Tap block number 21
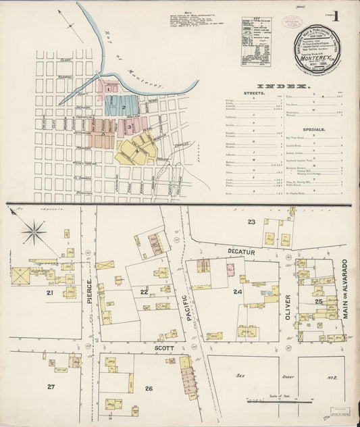(x=49, y=293)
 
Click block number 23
(x=251, y=221)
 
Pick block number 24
(x=237, y=292)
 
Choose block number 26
(x=149, y=388)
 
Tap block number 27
(x=51, y=386)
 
